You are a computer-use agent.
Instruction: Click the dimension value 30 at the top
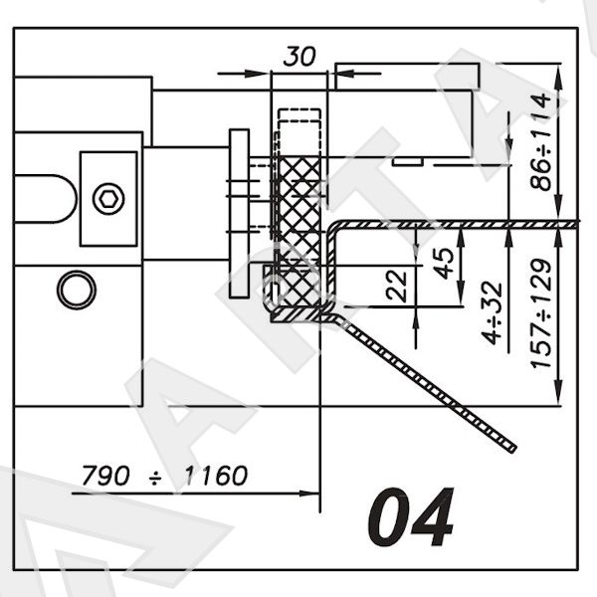299,57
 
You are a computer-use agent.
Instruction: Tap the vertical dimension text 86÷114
540,142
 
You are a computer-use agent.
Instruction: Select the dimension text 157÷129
540,313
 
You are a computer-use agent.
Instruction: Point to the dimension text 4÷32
492,313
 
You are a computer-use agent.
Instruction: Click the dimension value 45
444,264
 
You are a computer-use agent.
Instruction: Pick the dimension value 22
396,286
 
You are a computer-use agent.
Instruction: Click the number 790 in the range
105,476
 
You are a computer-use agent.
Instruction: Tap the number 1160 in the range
216,476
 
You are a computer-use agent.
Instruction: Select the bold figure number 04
411,517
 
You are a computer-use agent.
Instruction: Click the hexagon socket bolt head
108,198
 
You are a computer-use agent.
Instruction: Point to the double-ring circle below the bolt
77,290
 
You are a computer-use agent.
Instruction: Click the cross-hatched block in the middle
299,231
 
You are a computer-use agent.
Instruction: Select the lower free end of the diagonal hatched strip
512,450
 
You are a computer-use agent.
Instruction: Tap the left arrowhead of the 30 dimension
260,73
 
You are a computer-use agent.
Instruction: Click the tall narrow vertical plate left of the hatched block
239,213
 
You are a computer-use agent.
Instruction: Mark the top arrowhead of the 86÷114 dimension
558,72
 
